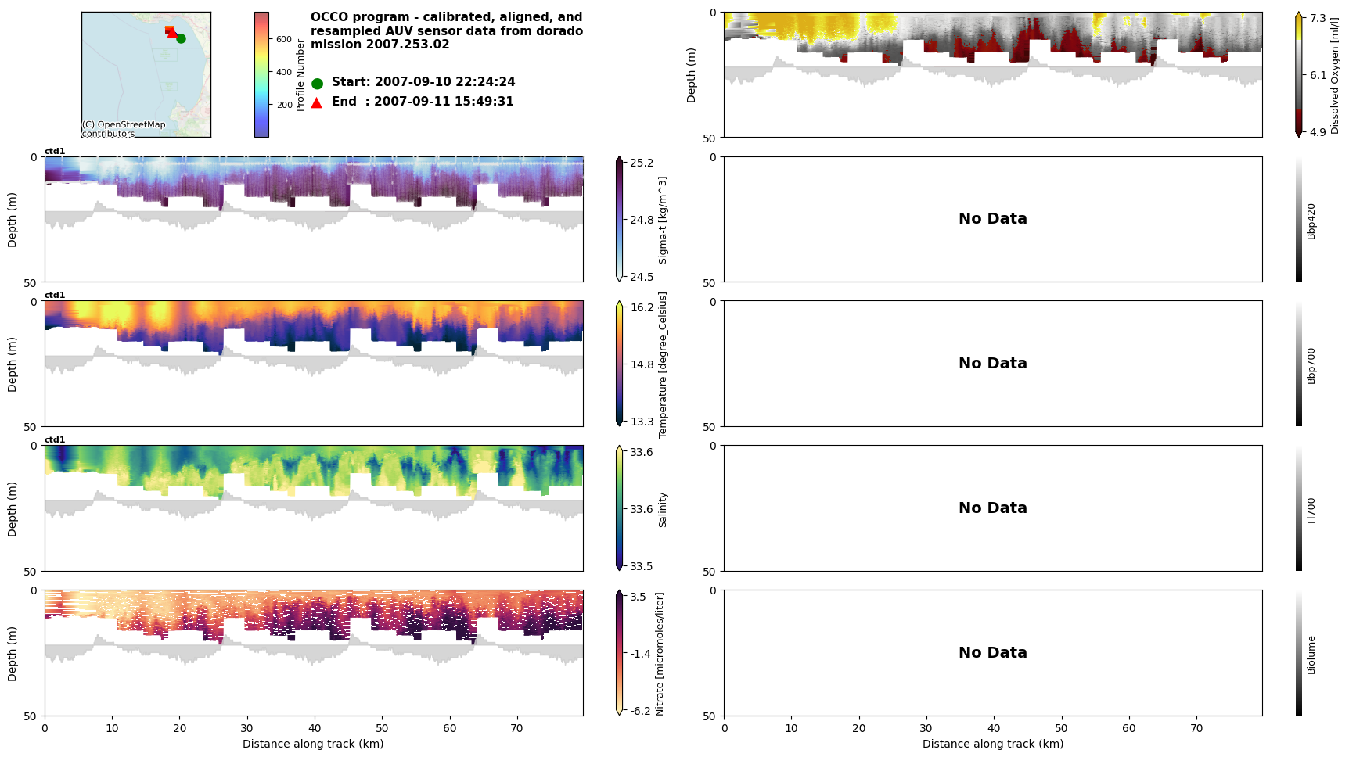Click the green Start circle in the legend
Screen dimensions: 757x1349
317,83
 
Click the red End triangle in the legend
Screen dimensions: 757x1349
317,102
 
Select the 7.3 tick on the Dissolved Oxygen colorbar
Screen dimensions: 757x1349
1318,19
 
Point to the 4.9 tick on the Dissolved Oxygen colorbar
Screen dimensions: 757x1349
1318,131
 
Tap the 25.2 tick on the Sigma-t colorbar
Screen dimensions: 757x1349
642,163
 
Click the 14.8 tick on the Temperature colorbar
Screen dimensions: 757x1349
642,364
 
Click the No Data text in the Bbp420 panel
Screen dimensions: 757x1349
992,219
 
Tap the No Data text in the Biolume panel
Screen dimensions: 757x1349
992,652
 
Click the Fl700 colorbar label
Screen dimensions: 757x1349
1311,510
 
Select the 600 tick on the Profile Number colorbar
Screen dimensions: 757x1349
284,39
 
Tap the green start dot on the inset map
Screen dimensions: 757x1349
181,38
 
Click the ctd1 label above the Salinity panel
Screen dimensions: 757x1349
55,440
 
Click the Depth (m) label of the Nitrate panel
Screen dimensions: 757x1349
13,654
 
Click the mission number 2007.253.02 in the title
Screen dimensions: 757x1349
405,45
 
